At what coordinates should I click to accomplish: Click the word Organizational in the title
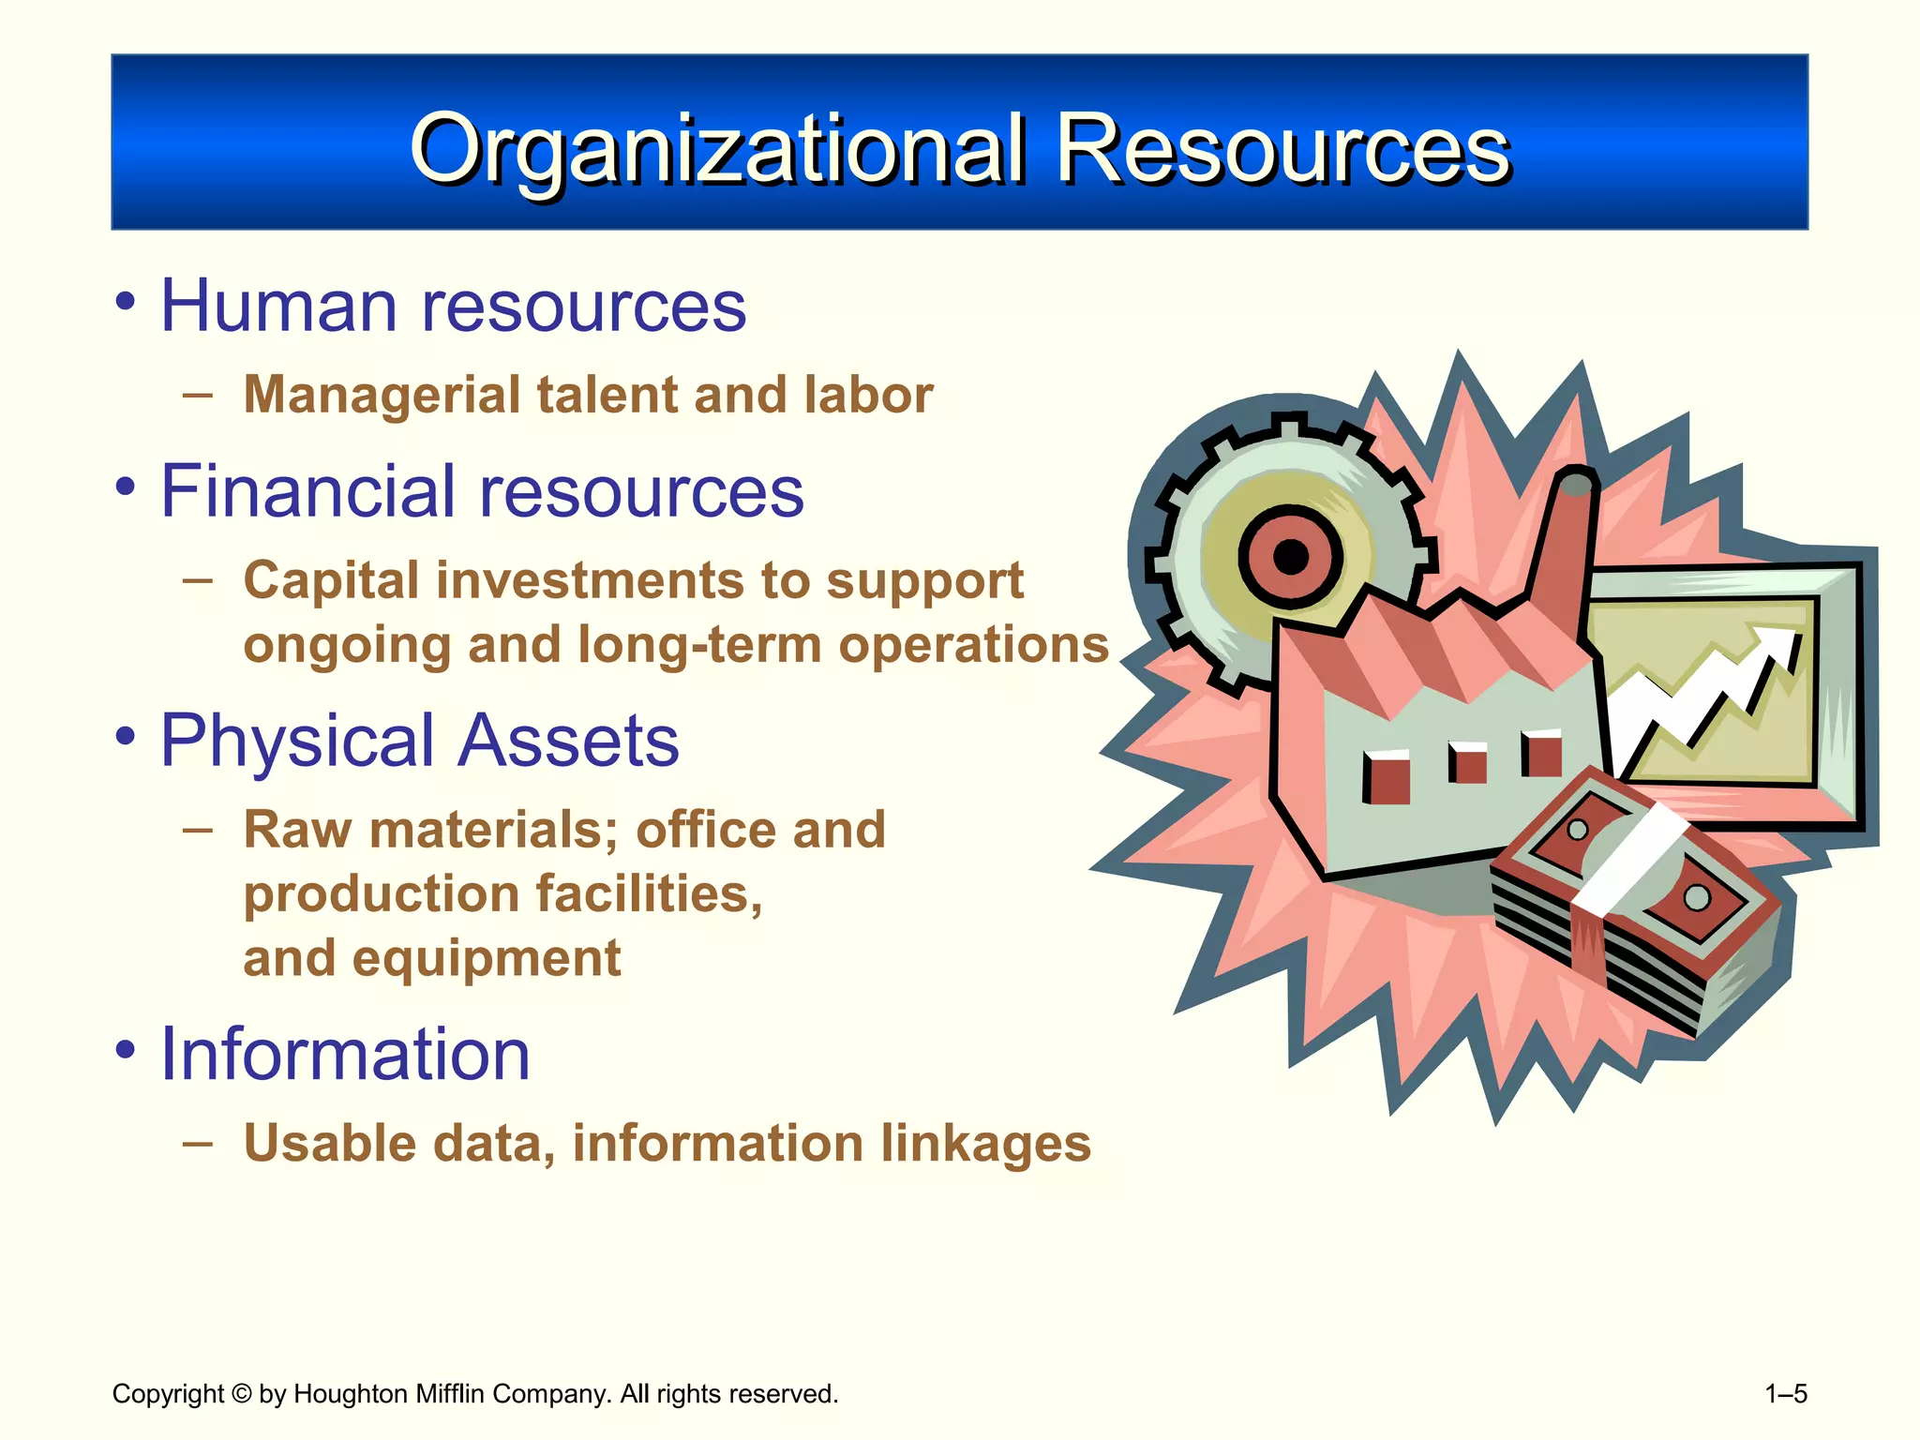point(717,150)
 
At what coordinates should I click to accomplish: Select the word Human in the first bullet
point(279,306)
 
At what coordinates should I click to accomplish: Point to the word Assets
point(568,741)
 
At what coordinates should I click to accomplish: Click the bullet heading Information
point(345,1054)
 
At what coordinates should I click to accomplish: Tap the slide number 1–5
point(1785,1394)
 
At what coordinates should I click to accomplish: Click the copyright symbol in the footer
point(241,1394)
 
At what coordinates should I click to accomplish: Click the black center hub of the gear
point(1291,557)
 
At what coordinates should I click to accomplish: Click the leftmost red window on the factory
point(1387,777)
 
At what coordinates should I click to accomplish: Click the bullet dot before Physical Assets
point(126,736)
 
